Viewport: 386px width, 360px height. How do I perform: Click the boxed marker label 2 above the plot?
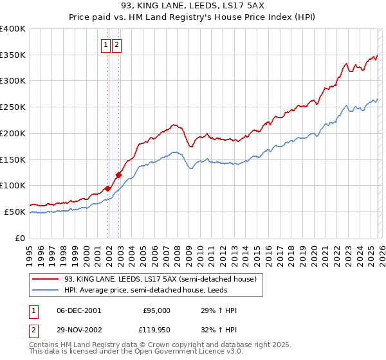click(x=117, y=45)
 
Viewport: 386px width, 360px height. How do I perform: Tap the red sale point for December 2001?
click(x=107, y=188)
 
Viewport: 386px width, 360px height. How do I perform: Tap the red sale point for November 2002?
click(x=118, y=175)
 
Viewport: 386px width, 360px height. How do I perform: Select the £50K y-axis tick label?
click(x=14, y=212)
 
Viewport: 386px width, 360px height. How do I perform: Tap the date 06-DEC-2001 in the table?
click(x=78, y=310)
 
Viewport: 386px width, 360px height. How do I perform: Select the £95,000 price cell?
click(x=156, y=310)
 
